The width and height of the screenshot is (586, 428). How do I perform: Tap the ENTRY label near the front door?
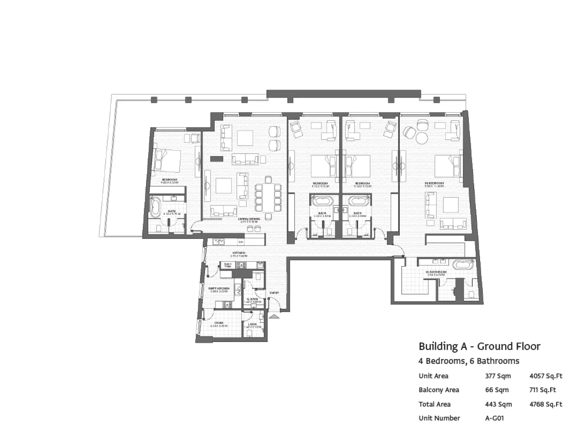(x=274, y=293)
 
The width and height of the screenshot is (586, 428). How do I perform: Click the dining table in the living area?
(x=268, y=197)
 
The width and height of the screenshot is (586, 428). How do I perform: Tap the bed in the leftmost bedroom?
(x=167, y=160)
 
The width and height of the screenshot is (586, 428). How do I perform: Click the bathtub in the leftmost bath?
(x=155, y=208)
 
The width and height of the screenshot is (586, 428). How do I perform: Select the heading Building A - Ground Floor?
(x=479, y=346)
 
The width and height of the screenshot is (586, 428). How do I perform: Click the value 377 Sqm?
(x=498, y=376)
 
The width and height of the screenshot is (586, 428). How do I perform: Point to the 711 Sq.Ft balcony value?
(x=542, y=390)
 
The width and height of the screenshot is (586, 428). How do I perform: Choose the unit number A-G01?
(x=494, y=418)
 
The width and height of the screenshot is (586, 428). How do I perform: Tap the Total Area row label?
(x=434, y=404)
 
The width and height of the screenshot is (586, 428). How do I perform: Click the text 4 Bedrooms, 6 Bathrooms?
(x=469, y=361)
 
